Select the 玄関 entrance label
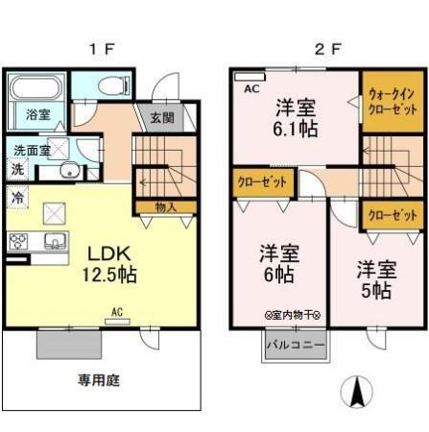(162, 119)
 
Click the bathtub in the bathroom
(38, 89)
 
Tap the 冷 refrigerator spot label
(17, 196)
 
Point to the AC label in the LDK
(116, 311)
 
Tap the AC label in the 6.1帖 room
(252, 88)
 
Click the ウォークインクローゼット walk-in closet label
(392, 102)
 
